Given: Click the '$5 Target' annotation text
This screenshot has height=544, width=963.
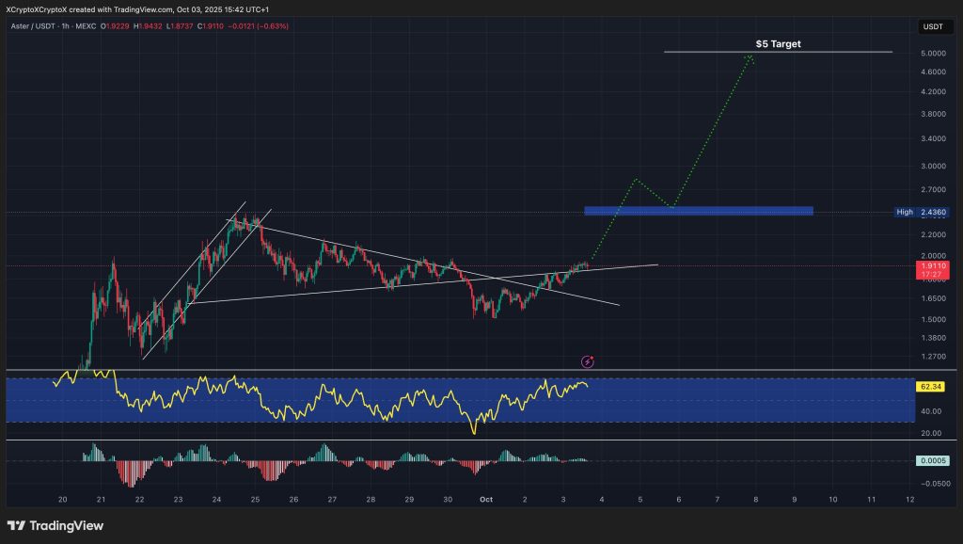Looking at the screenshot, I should (x=779, y=43).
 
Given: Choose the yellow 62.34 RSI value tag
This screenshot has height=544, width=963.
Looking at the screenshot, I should (x=930, y=386).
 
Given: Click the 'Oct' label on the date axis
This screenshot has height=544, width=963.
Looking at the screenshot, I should (x=486, y=499).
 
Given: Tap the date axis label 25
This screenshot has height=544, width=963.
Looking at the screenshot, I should (x=255, y=499).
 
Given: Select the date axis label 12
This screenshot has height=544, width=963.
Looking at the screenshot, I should (x=909, y=499).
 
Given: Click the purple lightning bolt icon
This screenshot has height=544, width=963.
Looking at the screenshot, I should (x=588, y=361).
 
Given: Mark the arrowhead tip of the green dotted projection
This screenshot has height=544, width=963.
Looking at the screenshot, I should (x=750, y=56).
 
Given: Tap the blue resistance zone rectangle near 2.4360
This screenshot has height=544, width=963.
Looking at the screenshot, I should (x=698, y=211).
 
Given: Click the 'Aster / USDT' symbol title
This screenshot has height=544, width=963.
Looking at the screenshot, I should (x=36, y=25).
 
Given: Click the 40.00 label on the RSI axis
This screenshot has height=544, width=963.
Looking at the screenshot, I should (x=930, y=411).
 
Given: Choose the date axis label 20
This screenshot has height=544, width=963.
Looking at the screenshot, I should (x=62, y=499).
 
